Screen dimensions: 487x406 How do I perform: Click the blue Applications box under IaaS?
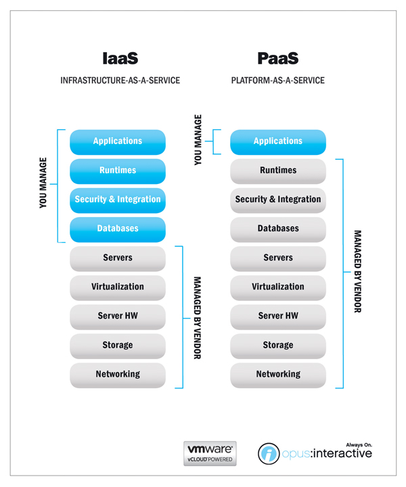118,141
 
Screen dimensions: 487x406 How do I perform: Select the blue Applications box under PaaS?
278,141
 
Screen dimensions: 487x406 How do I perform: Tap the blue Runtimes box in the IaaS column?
118,170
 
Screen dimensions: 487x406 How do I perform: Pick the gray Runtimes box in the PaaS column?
278,170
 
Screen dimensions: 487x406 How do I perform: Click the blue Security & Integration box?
118,200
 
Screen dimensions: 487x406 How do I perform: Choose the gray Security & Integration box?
278,200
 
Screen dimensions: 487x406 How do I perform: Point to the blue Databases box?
118,229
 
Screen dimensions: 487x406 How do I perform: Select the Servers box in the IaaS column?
118,258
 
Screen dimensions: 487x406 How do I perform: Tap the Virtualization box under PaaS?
278,287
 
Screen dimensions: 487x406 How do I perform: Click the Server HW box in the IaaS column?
118,316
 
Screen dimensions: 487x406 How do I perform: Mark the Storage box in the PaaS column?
278,345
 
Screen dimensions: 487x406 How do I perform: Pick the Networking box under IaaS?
118,374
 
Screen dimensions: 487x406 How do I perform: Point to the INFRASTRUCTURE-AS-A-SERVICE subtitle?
120,80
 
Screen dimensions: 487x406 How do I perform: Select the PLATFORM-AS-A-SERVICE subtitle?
277,80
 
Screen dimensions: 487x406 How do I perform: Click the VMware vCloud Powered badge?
210,453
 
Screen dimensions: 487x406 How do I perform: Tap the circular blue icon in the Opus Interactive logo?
269,454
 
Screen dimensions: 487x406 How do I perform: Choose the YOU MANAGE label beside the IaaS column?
43,183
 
